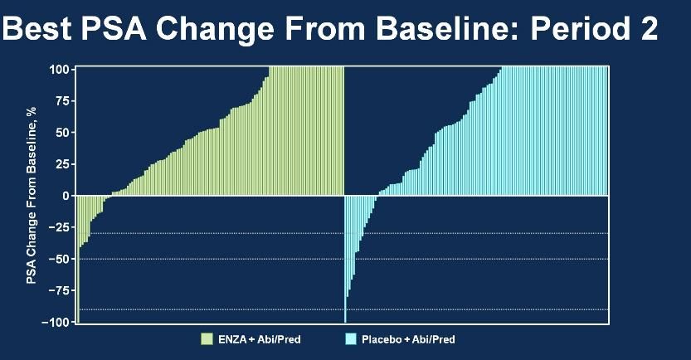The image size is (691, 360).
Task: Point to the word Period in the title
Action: pyautogui.click(x=580, y=28)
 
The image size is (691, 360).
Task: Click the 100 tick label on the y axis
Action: pyautogui.click(x=59, y=70)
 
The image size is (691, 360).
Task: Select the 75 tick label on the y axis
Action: pyautogui.click(x=62, y=101)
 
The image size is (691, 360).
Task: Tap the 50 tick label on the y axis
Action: pyautogui.click(x=62, y=133)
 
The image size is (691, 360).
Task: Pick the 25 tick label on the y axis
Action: pyautogui.click(x=62, y=164)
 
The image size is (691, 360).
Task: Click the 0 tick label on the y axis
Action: pyautogui.click(x=66, y=196)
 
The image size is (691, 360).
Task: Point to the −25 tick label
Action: pyautogui.click(x=59, y=227)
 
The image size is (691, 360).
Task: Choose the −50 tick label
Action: pyautogui.click(x=59, y=259)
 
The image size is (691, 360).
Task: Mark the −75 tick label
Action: pyautogui.click(x=59, y=291)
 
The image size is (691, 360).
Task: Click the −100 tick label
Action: pyautogui.click(x=55, y=322)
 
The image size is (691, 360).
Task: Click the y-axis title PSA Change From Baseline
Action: pyautogui.click(x=31, y=195)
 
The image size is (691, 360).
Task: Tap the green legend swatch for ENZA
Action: pyautogui.click(x=207, y=339)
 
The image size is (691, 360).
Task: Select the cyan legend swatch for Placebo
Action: pyautogui.click(x=351, y=339)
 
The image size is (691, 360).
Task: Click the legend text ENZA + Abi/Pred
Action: pyautogui.click(x=260, y=339)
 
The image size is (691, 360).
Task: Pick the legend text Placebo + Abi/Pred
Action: pyautogui.click(x=408, y=339)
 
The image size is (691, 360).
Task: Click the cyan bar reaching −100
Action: pyautogui.click(x=345, y=259)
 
